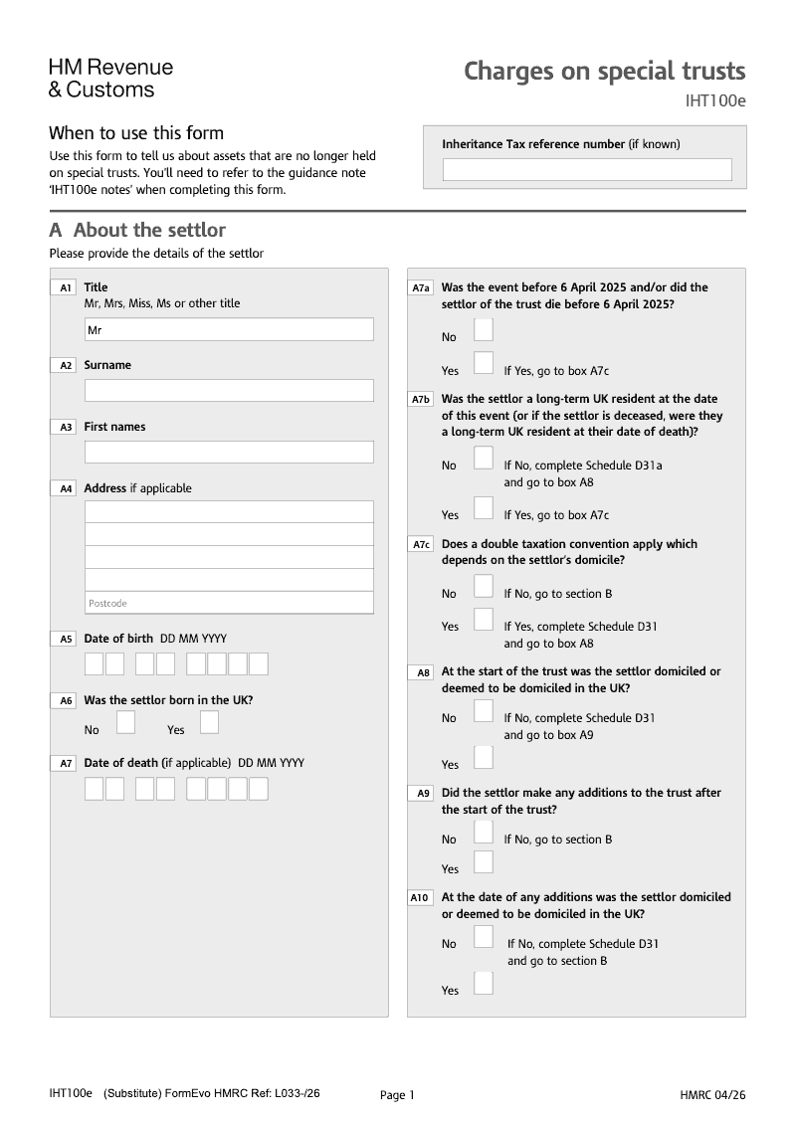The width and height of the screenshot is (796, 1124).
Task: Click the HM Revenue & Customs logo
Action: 110,79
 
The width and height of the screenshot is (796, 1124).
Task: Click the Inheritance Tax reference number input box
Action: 587,170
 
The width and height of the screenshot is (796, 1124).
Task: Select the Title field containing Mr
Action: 229,329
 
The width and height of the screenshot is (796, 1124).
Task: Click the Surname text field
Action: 229,390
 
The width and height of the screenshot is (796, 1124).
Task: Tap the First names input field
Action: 229,452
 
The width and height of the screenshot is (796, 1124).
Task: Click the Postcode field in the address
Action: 229,603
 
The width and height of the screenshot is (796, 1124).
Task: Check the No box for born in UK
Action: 125,723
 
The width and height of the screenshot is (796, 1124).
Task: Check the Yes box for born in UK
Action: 209,723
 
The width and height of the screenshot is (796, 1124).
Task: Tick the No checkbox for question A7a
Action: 484,330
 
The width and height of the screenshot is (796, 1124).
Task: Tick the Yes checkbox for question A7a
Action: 484,364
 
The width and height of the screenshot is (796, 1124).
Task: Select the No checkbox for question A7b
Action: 484,459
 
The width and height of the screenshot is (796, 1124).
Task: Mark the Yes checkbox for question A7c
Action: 484,620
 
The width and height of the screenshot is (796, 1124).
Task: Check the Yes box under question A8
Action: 484,758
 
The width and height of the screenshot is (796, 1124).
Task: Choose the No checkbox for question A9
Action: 484,834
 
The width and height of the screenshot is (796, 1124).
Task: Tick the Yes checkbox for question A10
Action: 484,984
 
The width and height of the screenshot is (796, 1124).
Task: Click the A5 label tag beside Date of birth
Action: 65,639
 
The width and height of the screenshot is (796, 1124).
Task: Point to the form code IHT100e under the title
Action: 714,101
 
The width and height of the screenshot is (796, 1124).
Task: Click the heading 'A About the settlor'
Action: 137,231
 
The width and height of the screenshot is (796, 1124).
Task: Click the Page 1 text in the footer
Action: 397,1095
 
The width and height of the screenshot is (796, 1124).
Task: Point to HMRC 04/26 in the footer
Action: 712,1095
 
